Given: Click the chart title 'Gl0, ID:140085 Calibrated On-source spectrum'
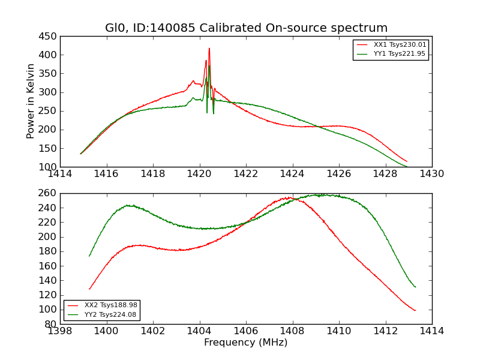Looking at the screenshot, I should [246, 28].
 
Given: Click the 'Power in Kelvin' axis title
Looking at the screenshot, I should [31, 101].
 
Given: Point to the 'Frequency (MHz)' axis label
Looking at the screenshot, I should [246, 343].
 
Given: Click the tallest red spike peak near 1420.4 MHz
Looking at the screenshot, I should [209, 49].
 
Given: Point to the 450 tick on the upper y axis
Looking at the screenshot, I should [49, 36].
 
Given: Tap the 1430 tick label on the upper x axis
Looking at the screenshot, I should [432, 174].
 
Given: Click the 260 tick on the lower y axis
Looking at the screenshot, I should [49, 193].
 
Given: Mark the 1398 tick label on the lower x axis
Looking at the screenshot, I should [60, 331].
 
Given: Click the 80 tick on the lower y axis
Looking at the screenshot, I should [52, 324].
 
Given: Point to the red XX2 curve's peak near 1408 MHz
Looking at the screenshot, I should [289, 197].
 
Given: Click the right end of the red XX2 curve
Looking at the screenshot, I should [415, 310].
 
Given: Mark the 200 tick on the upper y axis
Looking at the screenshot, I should [49, 130].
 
